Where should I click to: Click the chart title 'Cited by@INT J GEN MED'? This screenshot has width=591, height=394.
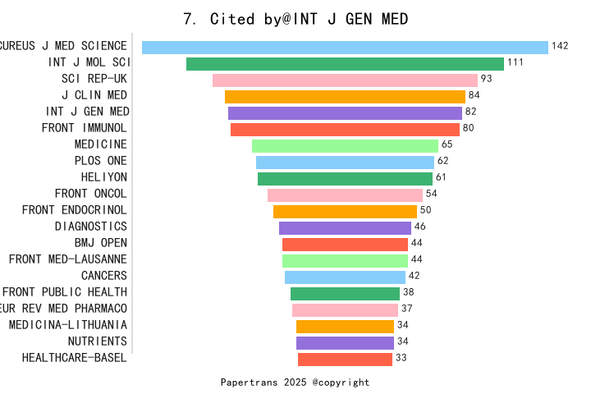click(295, 18)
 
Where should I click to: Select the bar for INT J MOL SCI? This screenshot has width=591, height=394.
click(345, 63)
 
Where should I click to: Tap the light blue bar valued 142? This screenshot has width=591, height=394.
click(345, 47)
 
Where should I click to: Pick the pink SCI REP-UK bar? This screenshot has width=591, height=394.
click(345, 80)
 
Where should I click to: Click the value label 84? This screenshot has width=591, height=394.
click(474, 96)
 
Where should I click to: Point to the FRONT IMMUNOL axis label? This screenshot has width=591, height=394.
click(85, 128)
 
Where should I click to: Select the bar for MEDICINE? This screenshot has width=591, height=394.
click(345, 145)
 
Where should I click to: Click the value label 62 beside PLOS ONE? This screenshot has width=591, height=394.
click(443, 161)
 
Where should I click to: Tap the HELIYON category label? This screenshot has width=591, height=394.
click(104, 177)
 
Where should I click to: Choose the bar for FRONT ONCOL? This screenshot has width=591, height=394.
click(345, 195)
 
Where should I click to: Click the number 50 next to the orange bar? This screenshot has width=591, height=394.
click(425, 210)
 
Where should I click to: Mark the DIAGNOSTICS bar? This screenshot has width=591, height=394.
click(345, 227)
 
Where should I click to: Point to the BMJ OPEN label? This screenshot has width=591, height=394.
click(101, 243)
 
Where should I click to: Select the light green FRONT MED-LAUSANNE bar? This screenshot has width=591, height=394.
click(345, 260)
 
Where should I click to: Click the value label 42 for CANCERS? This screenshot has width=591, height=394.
click(414, 276)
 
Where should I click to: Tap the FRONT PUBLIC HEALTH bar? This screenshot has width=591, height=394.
click(345, 293)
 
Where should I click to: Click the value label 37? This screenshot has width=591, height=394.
click(406, 309)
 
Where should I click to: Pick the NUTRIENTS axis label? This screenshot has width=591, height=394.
click(98, 341)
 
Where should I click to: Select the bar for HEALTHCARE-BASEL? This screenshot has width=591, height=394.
click(345, 359)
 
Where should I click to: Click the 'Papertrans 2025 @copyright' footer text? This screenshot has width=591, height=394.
click(295, 383)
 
